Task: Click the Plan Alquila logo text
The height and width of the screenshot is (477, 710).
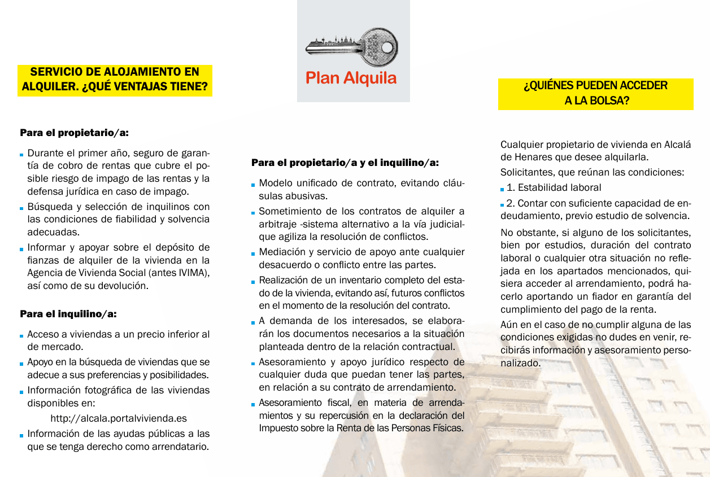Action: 351,78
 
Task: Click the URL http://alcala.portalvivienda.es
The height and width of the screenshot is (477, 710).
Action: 119,418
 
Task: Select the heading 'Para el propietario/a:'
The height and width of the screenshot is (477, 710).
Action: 75,133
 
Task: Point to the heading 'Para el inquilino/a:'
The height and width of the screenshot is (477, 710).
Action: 68,314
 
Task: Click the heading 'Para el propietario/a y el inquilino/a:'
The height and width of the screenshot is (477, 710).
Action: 345,163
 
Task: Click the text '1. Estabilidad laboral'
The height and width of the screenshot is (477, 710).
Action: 554,187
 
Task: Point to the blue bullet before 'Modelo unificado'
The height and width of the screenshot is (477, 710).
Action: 254,185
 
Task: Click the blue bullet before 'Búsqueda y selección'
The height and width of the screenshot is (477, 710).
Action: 22,208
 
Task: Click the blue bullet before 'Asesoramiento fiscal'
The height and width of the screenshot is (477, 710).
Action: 254,404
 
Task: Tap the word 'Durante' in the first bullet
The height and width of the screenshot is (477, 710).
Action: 45,153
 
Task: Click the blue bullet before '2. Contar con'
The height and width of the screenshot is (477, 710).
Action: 503,204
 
